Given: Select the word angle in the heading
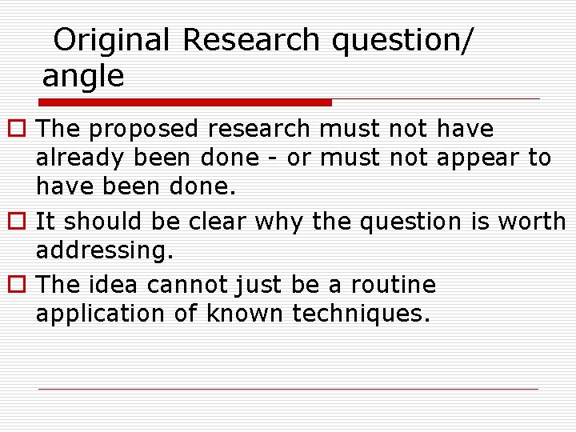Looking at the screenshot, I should coord(83,77).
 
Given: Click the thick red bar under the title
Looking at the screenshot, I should coord(186,102).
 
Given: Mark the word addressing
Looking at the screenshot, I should coord(104,250).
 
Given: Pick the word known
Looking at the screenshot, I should coord(245,314).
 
